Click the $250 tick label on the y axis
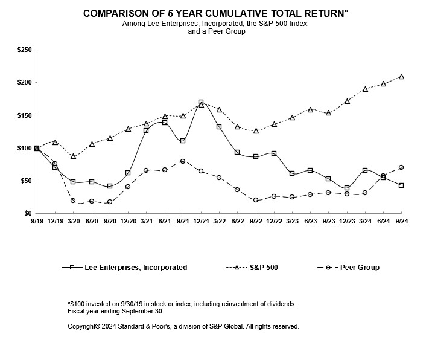click(x=25, y=50)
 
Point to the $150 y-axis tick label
click(x=25, y=115)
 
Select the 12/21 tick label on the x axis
click(x=201, y=222)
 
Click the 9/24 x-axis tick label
click(x=401, y=222)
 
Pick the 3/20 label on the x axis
click(x=73, y=222)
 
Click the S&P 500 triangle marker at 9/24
click(x=401, y=77)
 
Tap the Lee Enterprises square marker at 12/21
click(x=201, y=103)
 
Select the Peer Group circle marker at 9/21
click(x=183, y=161)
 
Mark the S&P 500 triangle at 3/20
click(x=73, y=156)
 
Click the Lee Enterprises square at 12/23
click(x=347, y=188)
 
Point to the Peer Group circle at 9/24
click(x=401, y=167)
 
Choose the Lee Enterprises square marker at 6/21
click(x=165, y=123)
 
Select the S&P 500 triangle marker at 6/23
click(x=310, y=110)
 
